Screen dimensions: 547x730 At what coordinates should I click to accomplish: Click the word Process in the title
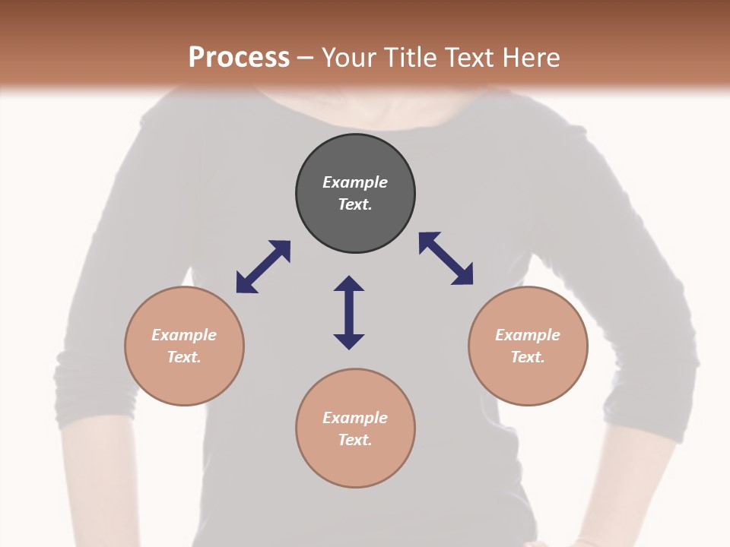[239, 57]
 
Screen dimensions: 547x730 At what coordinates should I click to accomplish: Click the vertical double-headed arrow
[349, 312]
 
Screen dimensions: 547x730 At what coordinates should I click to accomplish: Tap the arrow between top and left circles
[263, 267]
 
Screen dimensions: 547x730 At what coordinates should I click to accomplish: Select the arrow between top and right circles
[446, 258]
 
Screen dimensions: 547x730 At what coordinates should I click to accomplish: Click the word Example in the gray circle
[355, 182]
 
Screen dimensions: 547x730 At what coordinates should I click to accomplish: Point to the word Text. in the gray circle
[355, 204]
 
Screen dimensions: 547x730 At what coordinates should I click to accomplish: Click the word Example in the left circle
[184, 335]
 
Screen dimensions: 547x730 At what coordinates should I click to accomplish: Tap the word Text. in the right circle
[528, 357]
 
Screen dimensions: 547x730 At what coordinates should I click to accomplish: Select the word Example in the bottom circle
[355, 418]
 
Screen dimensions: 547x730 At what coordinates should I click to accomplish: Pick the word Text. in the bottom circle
[355, 440]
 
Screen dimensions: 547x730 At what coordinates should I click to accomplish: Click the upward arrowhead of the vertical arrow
[349, 284]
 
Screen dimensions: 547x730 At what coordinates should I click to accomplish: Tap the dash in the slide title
[306, 58]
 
